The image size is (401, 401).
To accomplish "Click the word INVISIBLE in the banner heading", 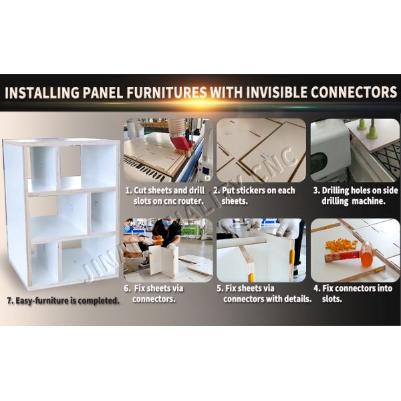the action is [x=277, y=92].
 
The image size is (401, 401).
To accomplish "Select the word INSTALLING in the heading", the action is [x=42, y=92].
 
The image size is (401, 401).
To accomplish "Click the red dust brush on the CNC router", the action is [x=181, y=145].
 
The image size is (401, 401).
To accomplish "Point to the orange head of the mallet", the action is [x=368, y=255].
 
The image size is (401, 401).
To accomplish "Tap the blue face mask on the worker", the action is [x=167, y=223].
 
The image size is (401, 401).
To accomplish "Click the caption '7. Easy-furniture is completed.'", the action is [x=63, y=301].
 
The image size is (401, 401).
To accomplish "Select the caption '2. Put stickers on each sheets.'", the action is [x=255, y=196].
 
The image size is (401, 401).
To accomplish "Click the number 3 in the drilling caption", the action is [x=315, y=190].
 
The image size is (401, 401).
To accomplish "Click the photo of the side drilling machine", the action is [x=356, y=150].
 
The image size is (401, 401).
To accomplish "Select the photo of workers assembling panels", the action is [x=168, y=251].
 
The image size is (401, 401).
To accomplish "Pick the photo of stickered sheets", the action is [x=261, y=150].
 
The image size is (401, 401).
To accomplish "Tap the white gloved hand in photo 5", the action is [x=285, y=227].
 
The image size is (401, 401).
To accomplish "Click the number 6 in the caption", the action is [x=126, y=289].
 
